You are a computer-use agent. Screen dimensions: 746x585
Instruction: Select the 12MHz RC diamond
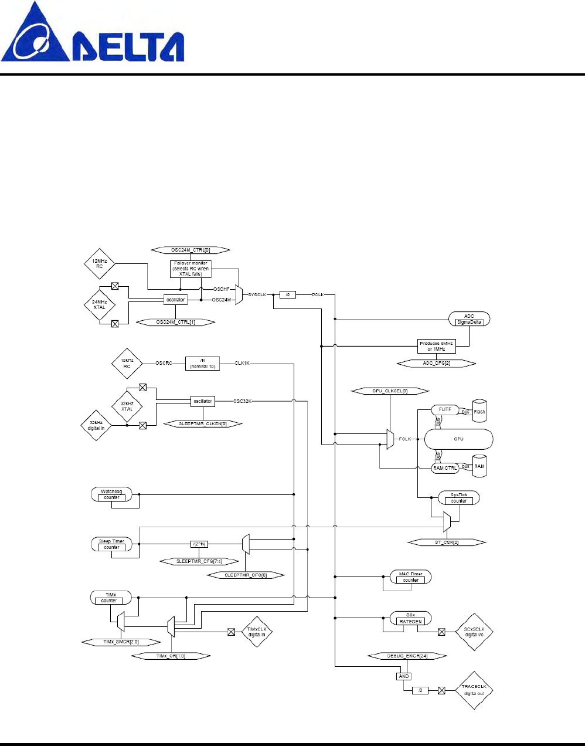(99, 264)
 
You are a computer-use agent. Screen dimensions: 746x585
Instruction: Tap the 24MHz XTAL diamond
(99, 305)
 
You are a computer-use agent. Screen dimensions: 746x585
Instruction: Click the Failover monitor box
(191, 269)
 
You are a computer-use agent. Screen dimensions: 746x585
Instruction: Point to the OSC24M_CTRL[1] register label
(175, 322)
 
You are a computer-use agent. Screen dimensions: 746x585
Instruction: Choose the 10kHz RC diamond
(127, 364)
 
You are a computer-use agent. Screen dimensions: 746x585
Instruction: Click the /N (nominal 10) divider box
(202, 364)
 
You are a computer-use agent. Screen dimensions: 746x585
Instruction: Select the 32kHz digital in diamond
(96, 425)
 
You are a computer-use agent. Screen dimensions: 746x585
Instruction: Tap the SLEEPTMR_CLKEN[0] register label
(202, 423)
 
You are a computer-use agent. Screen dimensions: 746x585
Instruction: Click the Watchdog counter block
(111, 494)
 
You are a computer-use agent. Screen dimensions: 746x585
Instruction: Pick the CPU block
(458, 439)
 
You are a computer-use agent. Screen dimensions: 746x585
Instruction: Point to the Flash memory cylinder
(479, 411)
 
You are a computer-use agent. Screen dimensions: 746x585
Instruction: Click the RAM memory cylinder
(479, 466)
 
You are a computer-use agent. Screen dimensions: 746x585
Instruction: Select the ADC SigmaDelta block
(469, 319)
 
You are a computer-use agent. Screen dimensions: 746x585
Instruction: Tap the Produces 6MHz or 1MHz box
(436, 346)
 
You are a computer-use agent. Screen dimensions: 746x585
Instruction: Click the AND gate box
(403, 676)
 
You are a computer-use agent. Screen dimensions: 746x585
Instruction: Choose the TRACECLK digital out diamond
(474, 690)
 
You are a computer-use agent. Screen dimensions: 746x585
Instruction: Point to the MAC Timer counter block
(411, 577)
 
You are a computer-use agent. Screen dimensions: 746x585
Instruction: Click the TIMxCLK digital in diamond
(257, 632)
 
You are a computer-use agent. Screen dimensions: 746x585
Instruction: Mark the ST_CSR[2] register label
(447, 542)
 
